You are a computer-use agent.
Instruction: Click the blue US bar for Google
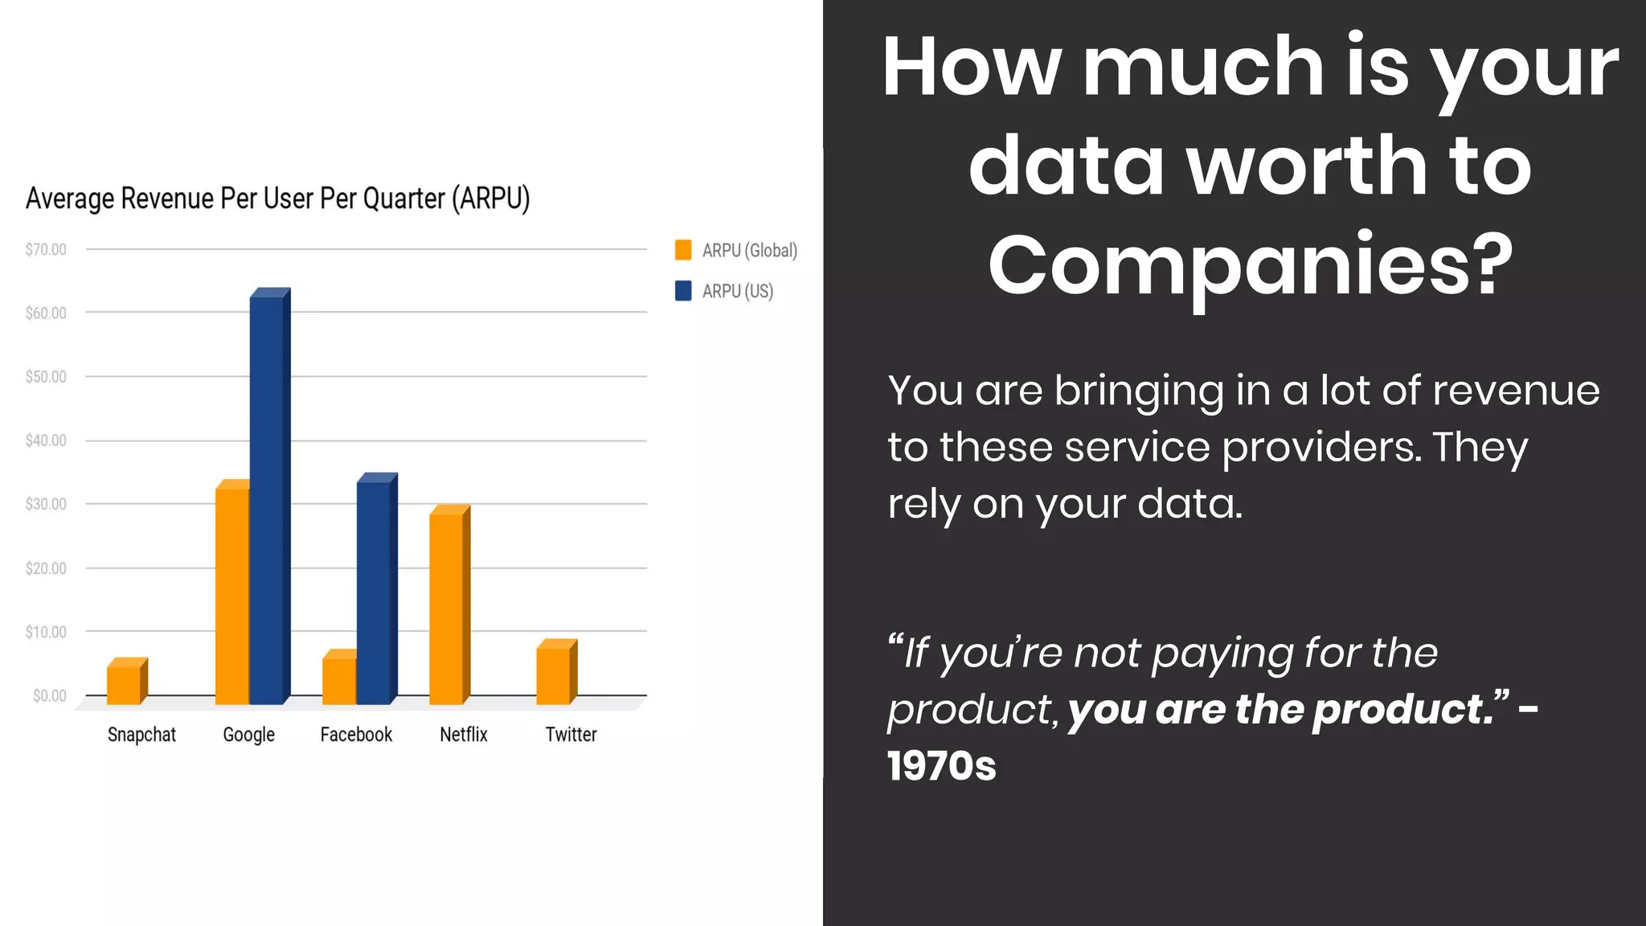coord(267,498)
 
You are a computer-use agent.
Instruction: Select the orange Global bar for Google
coord(232,595)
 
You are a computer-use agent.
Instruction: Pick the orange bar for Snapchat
coord(125,684)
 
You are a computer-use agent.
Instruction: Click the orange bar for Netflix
coord(447,608)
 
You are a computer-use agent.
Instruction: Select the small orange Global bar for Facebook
coord(338,680)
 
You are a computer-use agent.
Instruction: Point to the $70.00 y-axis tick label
coord(46,249)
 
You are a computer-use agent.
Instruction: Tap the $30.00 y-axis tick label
coord(46,504)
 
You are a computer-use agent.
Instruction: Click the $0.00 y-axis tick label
coord(49,695)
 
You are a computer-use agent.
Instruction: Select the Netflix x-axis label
coord(464,734)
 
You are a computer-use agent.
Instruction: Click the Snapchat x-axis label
coord(141,734)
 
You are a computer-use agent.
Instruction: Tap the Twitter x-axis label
coord(571,734)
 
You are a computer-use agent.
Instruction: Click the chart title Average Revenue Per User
coord(277,198)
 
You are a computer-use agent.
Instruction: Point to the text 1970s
coord(941,765)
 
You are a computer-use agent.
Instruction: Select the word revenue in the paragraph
coord(1516,391)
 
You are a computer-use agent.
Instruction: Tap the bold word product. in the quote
coord(1403,709)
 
